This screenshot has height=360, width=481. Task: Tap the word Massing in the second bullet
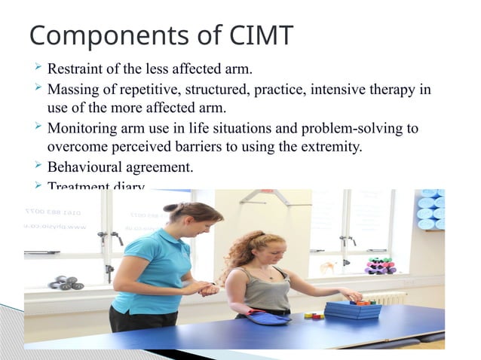[x=73, y=90]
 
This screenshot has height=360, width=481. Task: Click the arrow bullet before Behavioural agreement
[x=35, y=166]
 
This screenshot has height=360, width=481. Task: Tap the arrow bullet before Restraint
[x=35, y=70]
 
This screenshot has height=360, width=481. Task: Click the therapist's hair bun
[x=170, y=207]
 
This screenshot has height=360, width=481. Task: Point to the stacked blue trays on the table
[x=351, y=308]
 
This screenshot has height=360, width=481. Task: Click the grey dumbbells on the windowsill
[x=66, y=282]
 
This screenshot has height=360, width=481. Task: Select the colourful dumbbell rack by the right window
[x=379, y=266]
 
